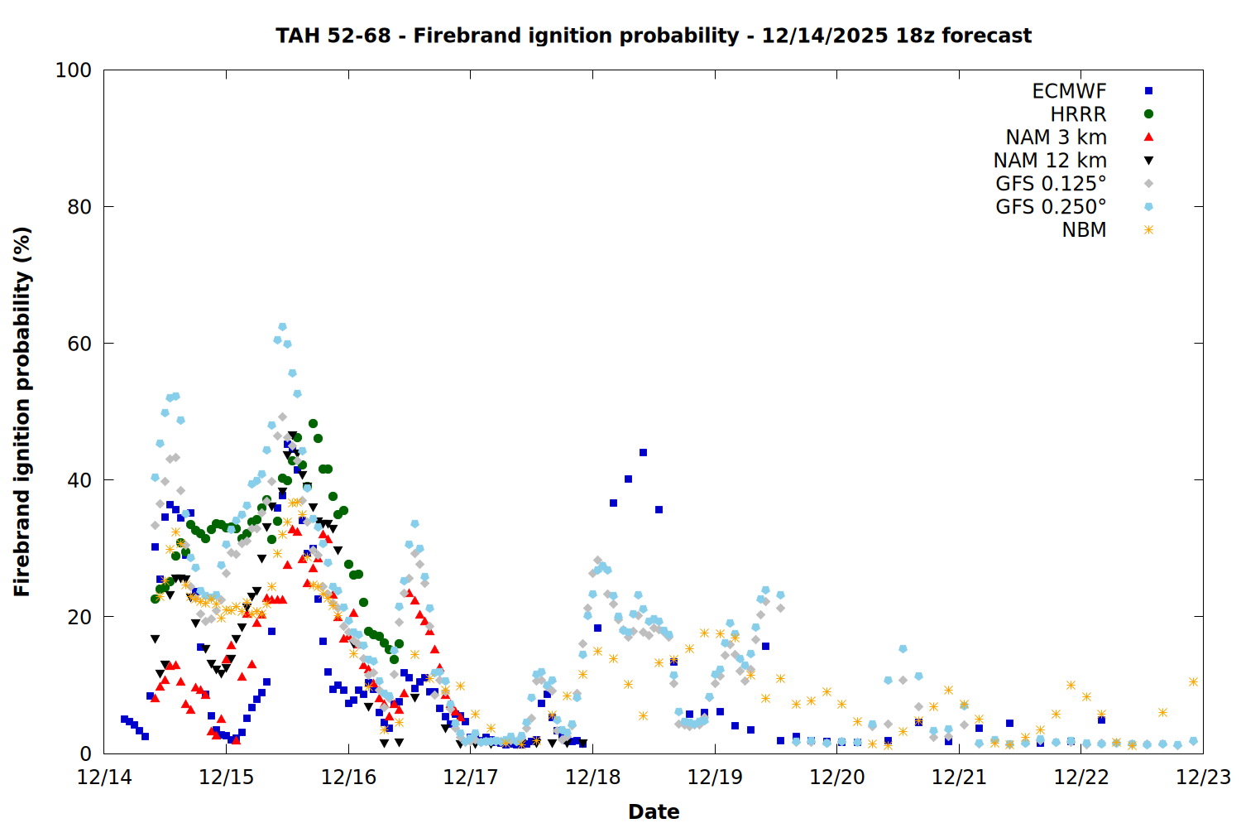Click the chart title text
(654, 36)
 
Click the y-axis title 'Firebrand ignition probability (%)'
(22, 412)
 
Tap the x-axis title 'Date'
(654, 811)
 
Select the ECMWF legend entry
(1069, 91)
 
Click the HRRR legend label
(1078, 114)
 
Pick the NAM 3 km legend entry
(1056, 137)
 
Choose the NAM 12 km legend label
(1050, 161)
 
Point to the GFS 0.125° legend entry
(1051, 184)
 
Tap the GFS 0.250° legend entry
(1051, 207)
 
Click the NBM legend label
(1084, 230)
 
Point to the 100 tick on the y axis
(74, 70)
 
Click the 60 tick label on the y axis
(79, 344)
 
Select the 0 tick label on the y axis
(85, 753)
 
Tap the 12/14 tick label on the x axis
(104, 777)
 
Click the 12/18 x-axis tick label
(592, 777)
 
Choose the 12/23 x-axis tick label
(1203, 777)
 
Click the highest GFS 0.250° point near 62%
(282, 327)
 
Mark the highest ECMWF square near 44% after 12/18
(643, 453)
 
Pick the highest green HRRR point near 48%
(313, 424)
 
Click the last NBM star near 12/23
(1193, 682)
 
